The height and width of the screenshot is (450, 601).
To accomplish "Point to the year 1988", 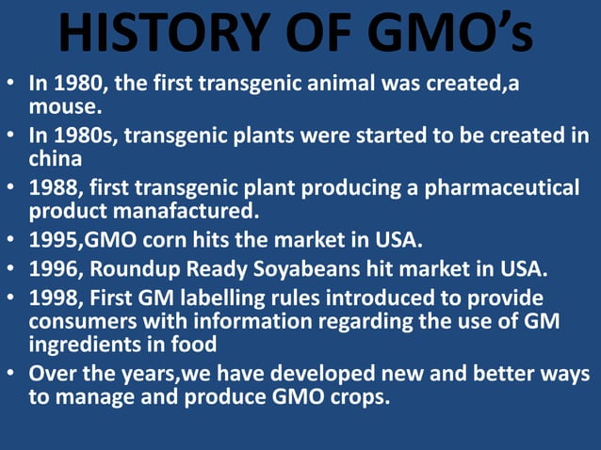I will pyautogui.click(x=54, y=186).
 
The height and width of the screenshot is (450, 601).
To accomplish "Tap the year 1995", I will pyautogui.click(x=54, y=239).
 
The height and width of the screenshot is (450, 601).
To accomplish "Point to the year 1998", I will pyautogui.click(x=54, y=299).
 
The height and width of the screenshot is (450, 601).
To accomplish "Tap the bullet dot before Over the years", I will pyautogui.click(x=11, y=374).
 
